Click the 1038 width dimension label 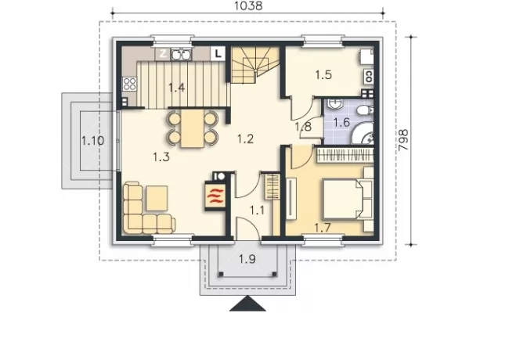(x=247, y=5)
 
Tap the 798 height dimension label (x=403, y=140)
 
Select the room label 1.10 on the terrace (x=92, y=141)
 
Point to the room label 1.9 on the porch (x=247, y=259)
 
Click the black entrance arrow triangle (x=247, y=304)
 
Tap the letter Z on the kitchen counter (x=163, y=54)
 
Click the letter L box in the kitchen (x=218, y=54)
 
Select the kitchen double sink (x=181, y=54)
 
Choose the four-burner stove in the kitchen (x=130, y=84)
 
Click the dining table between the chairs (x=193, y=128)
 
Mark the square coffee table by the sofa (x=157, y=198)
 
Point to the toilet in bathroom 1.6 (x=365, y=110)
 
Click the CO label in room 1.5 (x=369, y=77)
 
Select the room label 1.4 (x=177, y=88)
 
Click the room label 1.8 (x=303, y=126)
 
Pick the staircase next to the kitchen (x=255, y=64)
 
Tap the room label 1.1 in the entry (x=257, y=211)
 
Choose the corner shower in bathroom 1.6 (x=363, y=133)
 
